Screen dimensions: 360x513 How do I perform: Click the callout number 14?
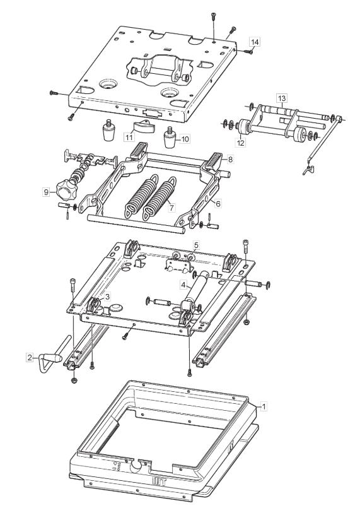[255, 42]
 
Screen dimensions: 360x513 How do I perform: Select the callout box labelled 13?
[282, 98]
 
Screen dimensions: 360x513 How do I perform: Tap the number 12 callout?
[241, 143]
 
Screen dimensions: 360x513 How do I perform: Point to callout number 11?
[129, 137]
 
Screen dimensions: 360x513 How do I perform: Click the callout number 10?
[185, 139]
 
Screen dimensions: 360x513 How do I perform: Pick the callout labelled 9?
[46, 192]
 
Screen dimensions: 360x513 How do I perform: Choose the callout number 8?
[231, 160]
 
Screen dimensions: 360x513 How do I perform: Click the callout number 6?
[218, 204]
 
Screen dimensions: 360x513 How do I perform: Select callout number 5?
[196, 245]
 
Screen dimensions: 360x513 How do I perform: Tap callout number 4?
[183, 285]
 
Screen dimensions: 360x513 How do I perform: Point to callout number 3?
[108, 297]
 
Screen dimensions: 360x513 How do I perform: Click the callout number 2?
[30, 357]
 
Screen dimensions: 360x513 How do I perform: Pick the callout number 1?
[264, 406]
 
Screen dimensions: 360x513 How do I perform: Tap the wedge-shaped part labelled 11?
[143, 127]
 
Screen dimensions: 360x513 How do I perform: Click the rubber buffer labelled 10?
[170, 137]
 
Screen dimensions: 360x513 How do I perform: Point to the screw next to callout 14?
[248, 51]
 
